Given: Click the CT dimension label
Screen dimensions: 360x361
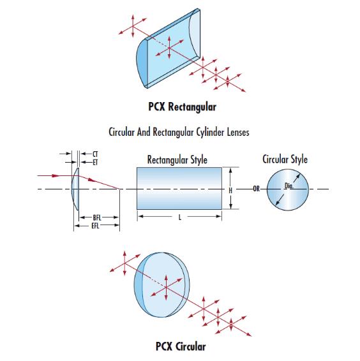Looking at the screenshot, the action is pos(95,154).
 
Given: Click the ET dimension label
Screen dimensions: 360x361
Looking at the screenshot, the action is pos(95,162).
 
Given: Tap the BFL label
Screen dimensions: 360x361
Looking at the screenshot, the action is pos(97,217).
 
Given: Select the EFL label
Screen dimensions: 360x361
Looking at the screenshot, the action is pos(95,226).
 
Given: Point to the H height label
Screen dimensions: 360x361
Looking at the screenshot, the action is pos(230,191).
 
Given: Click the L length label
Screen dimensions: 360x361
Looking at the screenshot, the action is pos(180,217).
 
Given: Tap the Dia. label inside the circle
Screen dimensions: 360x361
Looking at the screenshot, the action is pos(289,186).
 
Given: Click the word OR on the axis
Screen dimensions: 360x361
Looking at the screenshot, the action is pos(257,189).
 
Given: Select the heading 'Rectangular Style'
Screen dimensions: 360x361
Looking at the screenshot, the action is pos(177,160).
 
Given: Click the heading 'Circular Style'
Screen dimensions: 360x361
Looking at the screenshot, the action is pos(285,159).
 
